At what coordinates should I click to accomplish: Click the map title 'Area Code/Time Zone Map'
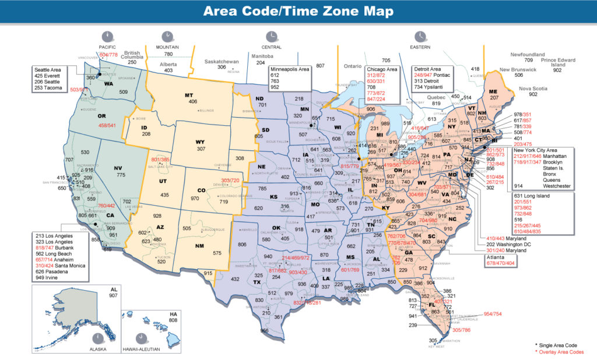tap(298, 12)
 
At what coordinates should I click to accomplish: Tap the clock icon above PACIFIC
tap(107, 36)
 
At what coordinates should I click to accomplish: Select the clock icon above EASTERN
tap(420, 36)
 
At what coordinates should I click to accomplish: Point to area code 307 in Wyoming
tap(200, 149)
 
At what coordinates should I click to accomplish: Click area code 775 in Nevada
tap(120, 175)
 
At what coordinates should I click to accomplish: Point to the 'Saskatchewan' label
tap(222, 61)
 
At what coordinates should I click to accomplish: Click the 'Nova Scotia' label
tap(532, 88)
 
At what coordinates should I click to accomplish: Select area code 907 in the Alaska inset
tap(113, 295)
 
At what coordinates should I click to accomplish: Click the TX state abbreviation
tap(256, 282)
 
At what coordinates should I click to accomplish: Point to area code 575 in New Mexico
tap(217, 253)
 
